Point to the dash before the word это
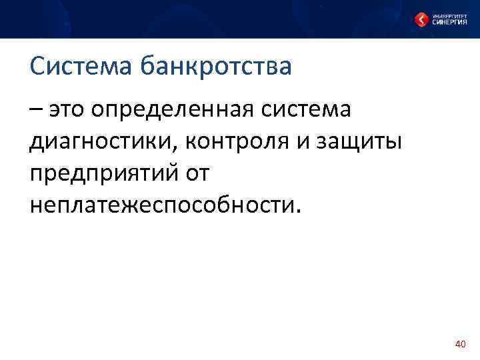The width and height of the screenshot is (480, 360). coord(36,109)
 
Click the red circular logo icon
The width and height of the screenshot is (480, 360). coord(421,19)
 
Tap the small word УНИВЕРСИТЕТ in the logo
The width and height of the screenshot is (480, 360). coord(448,14)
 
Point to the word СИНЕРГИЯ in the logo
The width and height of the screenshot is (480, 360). coord(448,22)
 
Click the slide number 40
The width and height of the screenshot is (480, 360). coord(459,344)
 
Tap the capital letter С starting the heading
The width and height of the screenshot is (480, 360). coord(37,66)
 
